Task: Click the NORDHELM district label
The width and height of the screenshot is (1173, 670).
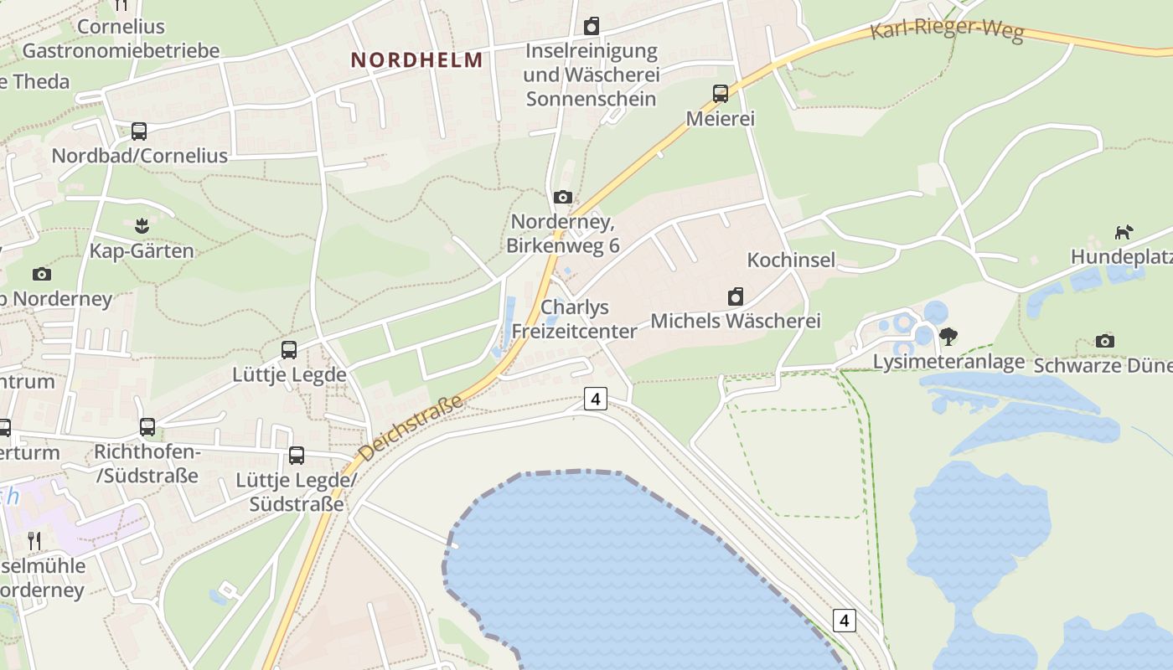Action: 416,60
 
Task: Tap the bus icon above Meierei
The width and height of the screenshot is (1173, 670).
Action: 721,93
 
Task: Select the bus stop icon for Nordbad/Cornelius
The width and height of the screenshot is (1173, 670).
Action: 139,131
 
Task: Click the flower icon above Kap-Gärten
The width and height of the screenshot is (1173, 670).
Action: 142,225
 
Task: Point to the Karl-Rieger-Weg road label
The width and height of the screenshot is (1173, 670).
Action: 947,31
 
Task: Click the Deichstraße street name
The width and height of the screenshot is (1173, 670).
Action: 411,429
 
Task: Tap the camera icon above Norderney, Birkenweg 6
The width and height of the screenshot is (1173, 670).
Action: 563,197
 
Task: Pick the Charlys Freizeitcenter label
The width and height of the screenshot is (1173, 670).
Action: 575,319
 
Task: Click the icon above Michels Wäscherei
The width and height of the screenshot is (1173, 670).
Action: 736,296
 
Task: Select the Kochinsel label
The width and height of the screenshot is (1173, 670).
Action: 791,260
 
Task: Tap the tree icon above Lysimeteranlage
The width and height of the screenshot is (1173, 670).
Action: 948,337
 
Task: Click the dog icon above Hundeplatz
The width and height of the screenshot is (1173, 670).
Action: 1124,232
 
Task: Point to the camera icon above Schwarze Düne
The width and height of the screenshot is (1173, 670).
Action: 1105,341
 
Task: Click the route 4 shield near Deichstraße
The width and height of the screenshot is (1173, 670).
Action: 595,399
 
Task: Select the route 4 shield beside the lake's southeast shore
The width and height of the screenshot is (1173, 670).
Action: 845,621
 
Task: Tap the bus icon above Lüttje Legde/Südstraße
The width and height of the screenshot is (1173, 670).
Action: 297,456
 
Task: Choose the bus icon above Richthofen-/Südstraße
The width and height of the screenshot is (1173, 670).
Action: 147,427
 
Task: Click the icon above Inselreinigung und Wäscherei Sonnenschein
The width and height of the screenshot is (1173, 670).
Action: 592,26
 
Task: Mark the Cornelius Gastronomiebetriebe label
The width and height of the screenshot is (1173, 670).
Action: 121,39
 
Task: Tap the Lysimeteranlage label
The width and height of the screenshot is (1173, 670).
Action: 948,362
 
